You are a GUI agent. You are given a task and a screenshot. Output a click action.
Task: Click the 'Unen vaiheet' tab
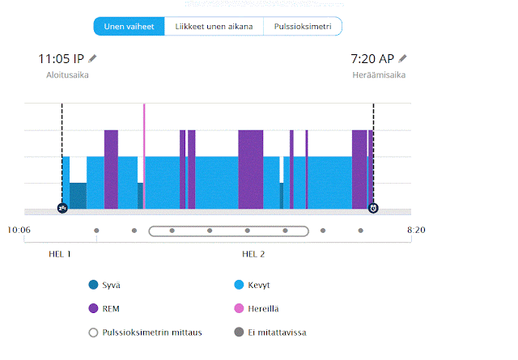[129, 27]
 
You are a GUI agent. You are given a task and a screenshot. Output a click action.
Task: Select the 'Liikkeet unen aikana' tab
[214, 27]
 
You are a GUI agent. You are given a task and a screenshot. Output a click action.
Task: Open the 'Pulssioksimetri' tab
[302, 27]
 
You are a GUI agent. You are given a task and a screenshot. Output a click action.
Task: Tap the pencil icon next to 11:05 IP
[92, 58]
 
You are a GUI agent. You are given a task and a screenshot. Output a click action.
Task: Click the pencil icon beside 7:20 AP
[402, 58]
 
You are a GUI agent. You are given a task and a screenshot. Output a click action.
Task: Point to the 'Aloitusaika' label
[67, 75]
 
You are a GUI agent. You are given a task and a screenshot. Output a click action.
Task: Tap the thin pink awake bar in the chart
[144, 154]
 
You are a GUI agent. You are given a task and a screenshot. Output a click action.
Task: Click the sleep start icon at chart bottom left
[62, 208]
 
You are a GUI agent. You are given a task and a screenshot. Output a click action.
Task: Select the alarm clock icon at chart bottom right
[373, 208]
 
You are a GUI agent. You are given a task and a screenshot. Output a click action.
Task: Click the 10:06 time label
[19, 231]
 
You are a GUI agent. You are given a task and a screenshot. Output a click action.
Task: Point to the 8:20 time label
[415, 231]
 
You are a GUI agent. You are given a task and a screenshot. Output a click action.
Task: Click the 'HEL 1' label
[60, 254]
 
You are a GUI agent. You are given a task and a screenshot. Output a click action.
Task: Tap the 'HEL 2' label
[253, 254]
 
